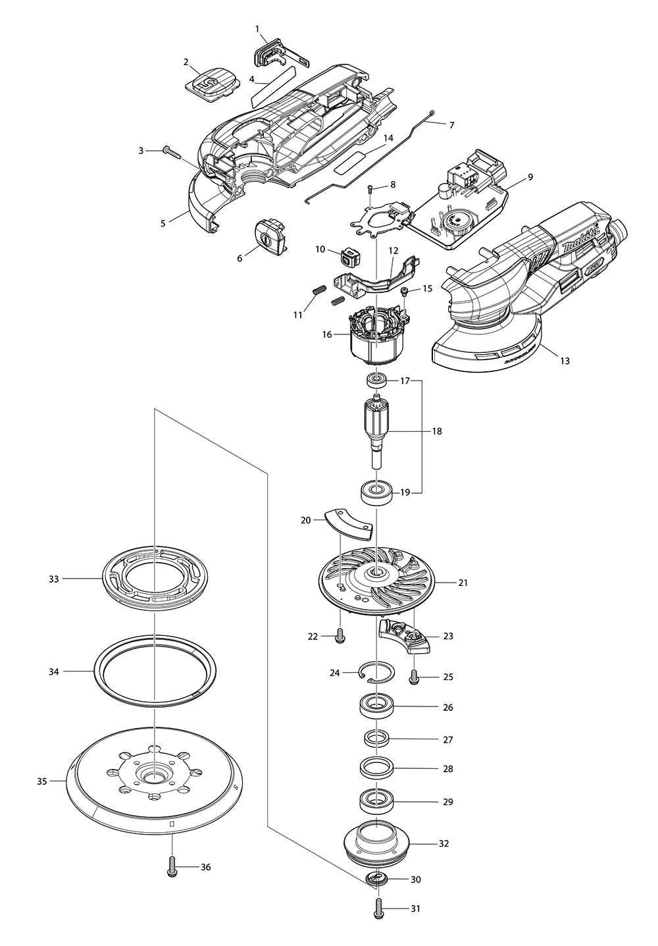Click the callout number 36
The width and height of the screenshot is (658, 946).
(205, 867)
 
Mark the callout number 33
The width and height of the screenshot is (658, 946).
(55, 579)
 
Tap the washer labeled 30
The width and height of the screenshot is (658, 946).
(378, 878)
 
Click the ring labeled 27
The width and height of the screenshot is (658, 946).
(376, 737)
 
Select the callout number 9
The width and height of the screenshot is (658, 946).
(530, 177)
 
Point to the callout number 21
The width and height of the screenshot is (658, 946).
(463, 583)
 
